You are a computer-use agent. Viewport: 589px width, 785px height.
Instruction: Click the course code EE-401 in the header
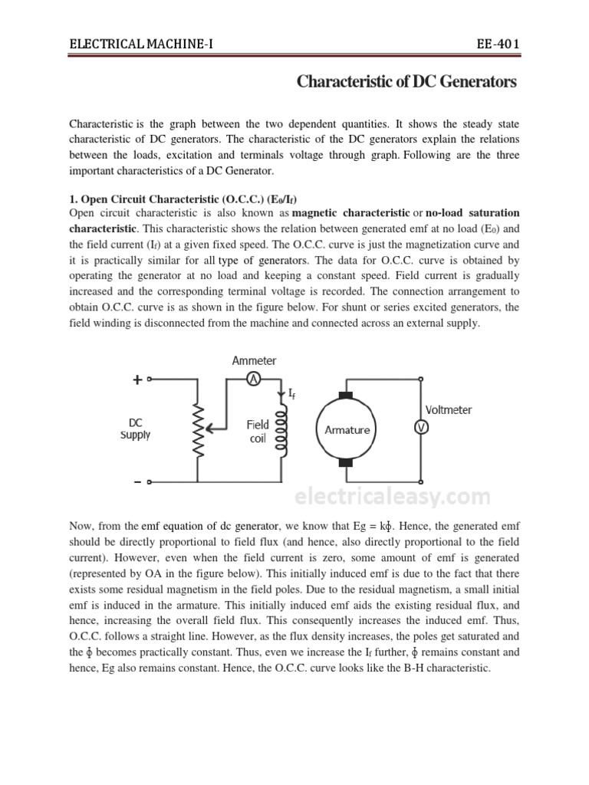pos(498,43)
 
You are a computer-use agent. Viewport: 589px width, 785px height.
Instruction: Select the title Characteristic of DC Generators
pos(406,82)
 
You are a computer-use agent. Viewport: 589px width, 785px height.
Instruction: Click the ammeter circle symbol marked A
pos(255,378)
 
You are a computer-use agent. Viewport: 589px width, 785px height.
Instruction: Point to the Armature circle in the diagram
pos(346,429)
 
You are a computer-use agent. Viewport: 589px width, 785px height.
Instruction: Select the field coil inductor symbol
pos(281,432)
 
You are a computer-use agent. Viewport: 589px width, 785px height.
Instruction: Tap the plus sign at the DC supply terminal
pos(137,379)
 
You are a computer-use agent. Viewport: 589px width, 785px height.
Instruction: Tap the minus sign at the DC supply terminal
pos(137,481)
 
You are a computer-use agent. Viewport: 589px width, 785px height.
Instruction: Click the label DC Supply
pos(135,429)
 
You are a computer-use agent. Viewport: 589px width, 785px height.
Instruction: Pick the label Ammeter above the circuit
pos(255,360)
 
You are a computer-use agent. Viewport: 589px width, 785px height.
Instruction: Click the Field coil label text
pos(258,432)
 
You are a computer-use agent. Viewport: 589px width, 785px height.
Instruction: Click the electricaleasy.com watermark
pos(392,498)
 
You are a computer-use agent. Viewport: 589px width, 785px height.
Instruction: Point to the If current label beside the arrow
pos(291,394)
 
